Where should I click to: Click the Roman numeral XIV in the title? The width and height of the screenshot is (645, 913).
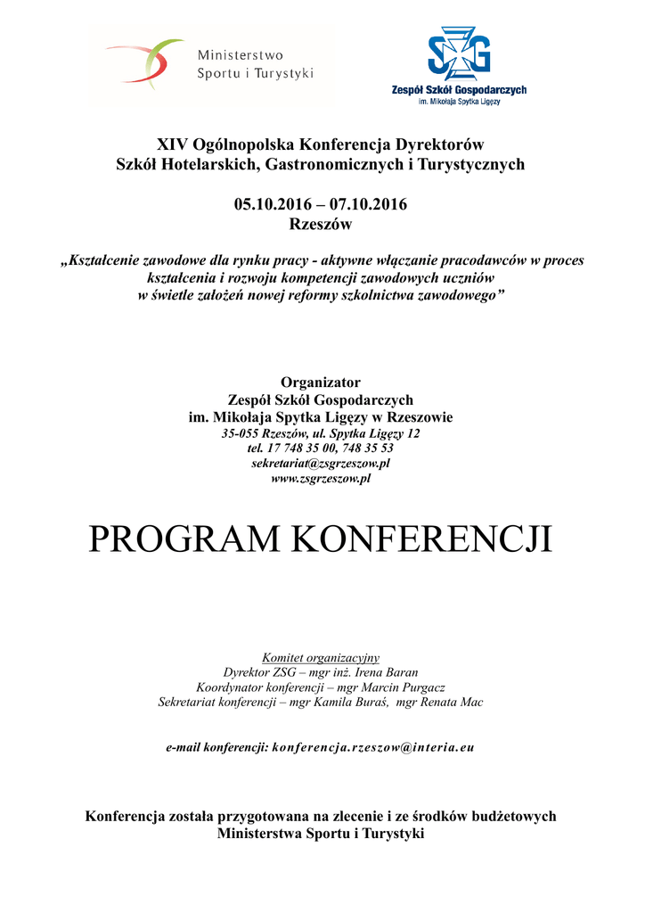172,144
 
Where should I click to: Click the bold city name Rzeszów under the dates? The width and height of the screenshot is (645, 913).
321,225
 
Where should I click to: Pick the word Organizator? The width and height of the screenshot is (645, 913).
321,382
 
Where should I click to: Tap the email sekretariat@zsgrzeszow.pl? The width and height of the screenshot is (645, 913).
321,464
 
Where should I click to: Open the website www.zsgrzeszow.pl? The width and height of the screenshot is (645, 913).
321,479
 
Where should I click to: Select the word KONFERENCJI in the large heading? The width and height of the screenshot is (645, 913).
422,539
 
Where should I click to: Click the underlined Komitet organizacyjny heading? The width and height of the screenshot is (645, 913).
321,657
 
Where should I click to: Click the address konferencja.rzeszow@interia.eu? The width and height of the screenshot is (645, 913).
373,747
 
